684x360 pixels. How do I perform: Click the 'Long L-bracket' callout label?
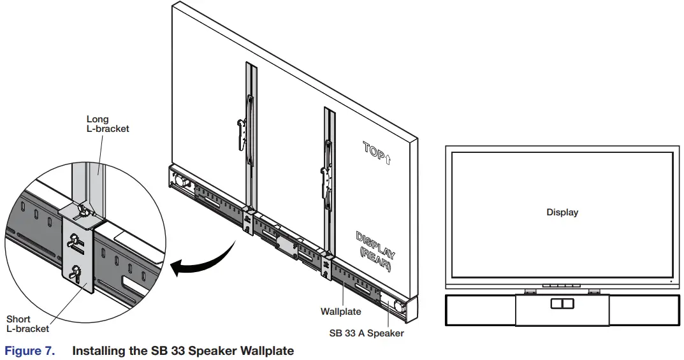click(107, 124)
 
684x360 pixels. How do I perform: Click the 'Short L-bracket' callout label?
click(27, 324)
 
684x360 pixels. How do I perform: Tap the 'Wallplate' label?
click(340, 312)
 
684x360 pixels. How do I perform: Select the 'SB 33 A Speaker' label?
click(366, 332)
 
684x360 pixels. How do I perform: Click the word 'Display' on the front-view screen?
click(562, 212)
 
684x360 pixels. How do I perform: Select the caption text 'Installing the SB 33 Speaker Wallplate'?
click(183, 350)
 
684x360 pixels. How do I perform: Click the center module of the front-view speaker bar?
click(562, 310)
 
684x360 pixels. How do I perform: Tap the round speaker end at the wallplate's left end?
click(180, 180)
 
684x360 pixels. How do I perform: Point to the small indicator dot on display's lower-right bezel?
click(672, 281)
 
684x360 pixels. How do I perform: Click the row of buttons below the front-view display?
click(562, 287)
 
